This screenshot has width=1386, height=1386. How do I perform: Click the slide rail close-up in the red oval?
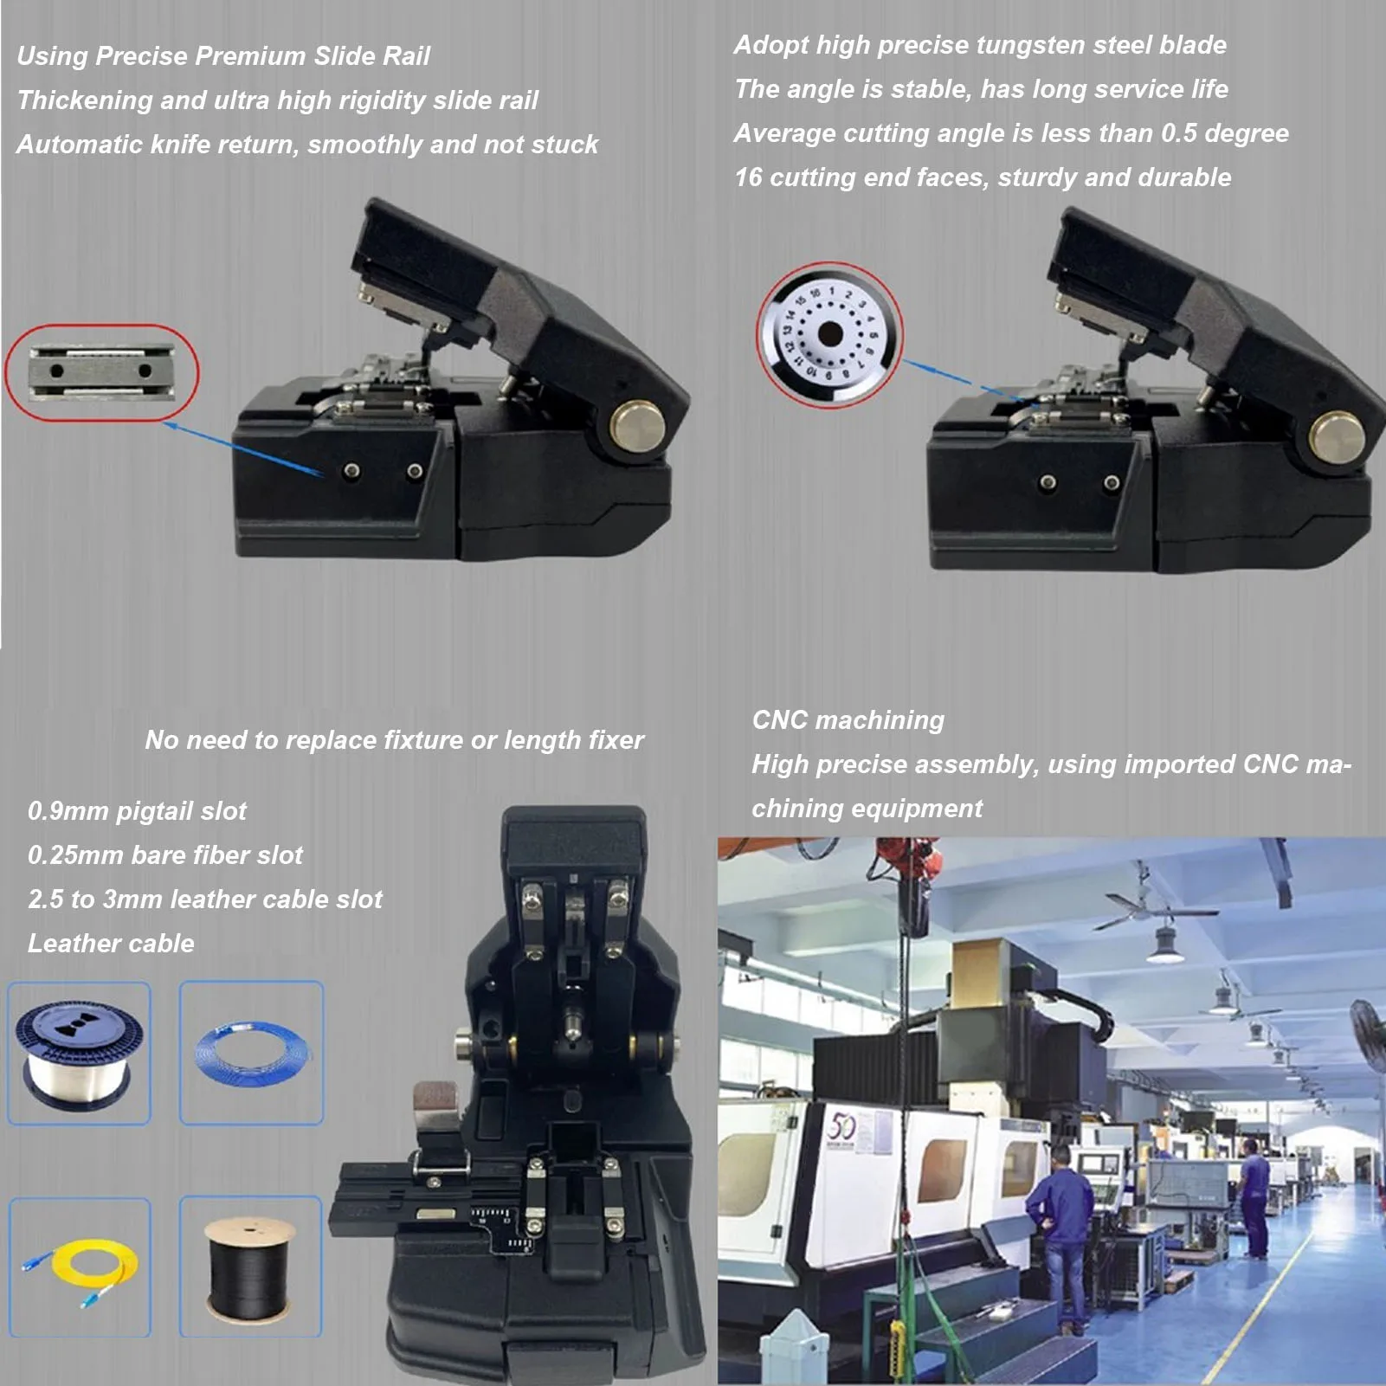[102, 372]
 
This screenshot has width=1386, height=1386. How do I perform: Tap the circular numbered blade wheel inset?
[829, 335]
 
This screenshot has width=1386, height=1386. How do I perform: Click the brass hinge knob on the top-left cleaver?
[637, 424]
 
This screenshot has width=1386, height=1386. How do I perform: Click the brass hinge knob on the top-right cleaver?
[1338, 435]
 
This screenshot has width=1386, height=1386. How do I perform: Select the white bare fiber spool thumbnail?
[79, 1054]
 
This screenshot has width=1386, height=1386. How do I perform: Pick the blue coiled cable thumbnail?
[251, 1053]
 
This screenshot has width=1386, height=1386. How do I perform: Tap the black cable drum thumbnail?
[250, 1267]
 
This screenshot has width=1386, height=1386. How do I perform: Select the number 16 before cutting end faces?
[748, 177]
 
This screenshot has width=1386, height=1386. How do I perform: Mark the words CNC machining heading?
[848, 720]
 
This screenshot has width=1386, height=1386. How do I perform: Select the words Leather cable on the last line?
[111, 944]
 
